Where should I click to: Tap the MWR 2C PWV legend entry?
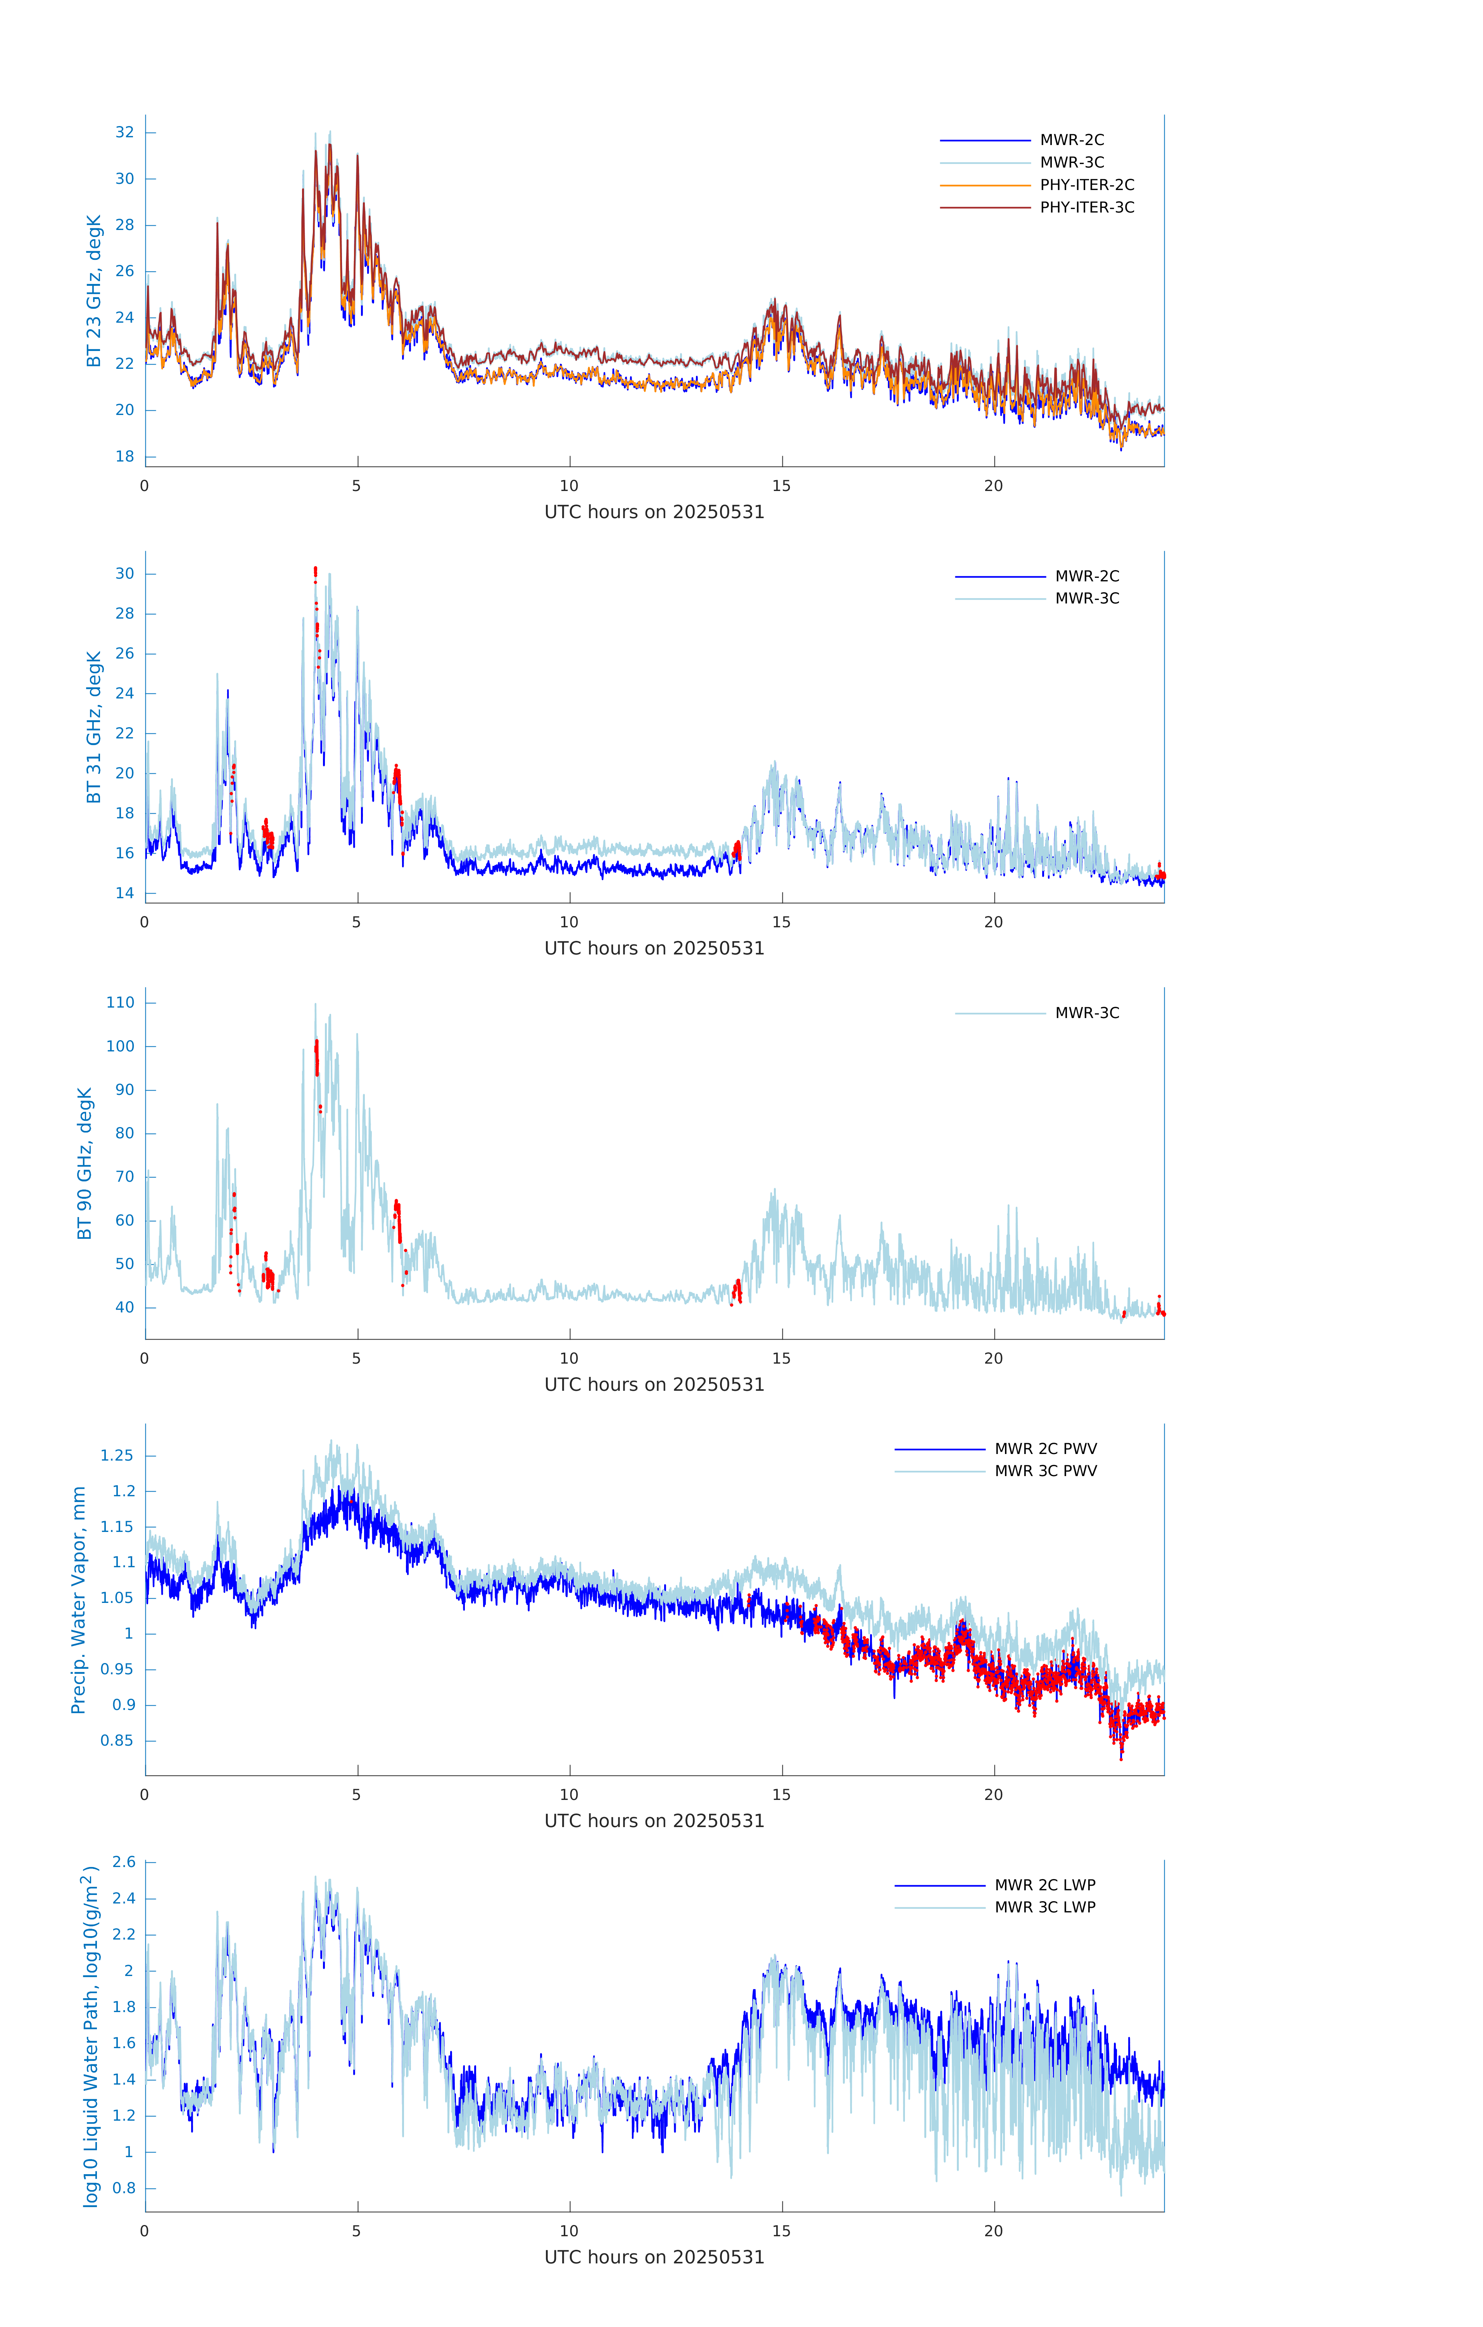click(1045, 1449)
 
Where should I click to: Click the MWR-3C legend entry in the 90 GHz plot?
click(1086, 1013)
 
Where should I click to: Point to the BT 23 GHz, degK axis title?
click(94, 291)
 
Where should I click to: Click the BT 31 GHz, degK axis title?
click(94, 727)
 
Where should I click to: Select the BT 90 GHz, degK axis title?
click(85, 1163)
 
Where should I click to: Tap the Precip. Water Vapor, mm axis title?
click(79, 1600)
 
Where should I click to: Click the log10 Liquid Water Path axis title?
click(90, 2037)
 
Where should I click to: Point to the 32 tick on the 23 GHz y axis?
click(124, 132)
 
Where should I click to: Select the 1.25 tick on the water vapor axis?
click(117, 1455)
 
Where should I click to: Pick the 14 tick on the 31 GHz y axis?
click(124, 893)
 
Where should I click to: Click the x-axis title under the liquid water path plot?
click(654, 2258)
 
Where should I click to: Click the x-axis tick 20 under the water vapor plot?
click(993, 1795)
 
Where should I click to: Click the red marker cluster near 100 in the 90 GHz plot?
click(316, 1055)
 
